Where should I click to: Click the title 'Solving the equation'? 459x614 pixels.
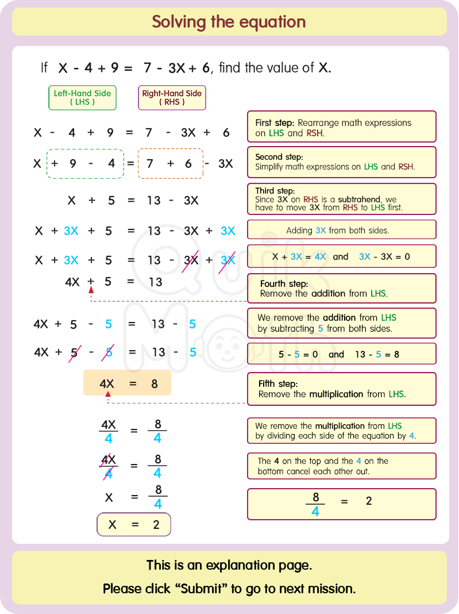pos(229,22)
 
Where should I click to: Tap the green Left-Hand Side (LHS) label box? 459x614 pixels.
pos(82,98)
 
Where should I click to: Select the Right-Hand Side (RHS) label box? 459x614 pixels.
pos(172,98)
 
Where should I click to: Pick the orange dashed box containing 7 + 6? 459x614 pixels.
pos(170,163)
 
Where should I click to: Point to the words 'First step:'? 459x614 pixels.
pos(275,123)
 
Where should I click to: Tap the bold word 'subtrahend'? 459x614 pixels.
pos(359,199)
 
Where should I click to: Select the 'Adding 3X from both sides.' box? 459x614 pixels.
pos(341,230)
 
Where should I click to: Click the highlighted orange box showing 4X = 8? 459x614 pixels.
pos(127,383)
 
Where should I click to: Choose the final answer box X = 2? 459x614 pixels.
pos(133,524)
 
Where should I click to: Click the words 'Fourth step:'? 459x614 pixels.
pos(284,284)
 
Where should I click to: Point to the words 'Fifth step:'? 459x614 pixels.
pos(278,384)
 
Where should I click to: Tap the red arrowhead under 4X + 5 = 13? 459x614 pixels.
pos(90,290)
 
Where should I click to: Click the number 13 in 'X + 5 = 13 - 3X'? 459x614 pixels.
pos(153,200)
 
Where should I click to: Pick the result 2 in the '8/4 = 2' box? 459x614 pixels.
pos(369,501)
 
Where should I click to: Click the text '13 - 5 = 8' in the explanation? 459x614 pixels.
pos(377,354)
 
